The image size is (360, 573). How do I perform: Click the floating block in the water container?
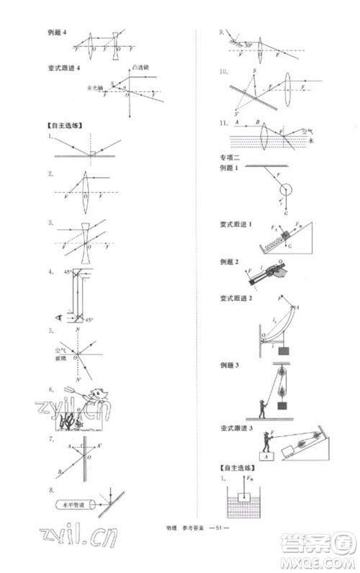pos(247,500)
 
